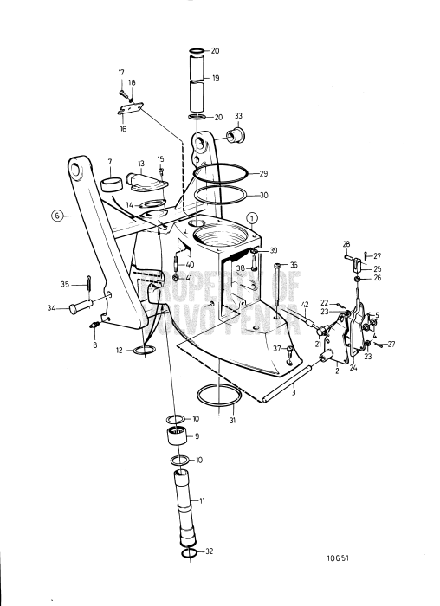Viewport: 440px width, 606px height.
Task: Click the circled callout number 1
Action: [249, 217]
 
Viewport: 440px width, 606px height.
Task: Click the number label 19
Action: [216, 78]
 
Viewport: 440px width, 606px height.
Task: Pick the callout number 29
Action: [263, 174]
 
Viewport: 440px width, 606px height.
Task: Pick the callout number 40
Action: [190, 264]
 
